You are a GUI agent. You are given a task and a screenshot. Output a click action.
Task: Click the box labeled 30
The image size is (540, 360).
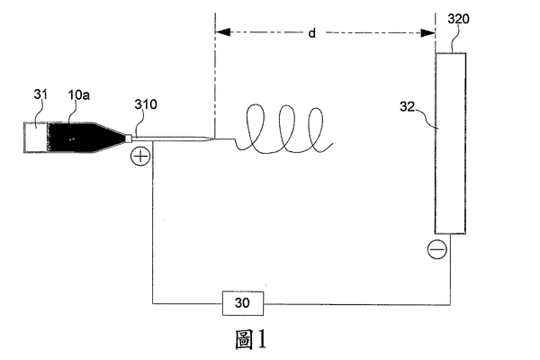[x=243, y=303]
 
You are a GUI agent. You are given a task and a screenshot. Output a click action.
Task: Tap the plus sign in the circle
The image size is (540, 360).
[x=140, y=157]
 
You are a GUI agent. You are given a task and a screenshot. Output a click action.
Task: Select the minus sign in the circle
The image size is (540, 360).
[x=437, y=249]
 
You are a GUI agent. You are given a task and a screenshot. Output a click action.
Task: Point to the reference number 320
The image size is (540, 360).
[x=458, y=19]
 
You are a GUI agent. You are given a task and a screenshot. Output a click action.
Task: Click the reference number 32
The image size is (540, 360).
[x=407, y=106]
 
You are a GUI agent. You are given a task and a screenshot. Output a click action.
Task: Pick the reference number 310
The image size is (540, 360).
[x=146, y=104]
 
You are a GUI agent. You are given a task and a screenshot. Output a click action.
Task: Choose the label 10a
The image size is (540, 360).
[x=79, y=94]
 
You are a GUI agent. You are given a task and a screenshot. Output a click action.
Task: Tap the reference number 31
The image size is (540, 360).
[x=40, y=94]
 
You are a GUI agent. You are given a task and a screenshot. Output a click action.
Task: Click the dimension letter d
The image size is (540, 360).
[x=311, y=33]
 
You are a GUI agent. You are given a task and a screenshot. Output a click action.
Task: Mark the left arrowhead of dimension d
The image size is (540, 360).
[x=222, y=32]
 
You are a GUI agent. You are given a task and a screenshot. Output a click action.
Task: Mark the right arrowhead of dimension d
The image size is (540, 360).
[x=428, y=33]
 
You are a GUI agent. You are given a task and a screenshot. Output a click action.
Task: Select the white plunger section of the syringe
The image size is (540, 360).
[x=35, y=137]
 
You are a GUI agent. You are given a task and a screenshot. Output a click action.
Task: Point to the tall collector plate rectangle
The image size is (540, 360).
[x=451, y=143]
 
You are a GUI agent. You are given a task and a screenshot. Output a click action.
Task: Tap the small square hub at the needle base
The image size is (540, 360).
[x=128, y=138]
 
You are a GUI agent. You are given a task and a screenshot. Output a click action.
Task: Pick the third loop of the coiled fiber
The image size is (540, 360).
[x=316, y=110]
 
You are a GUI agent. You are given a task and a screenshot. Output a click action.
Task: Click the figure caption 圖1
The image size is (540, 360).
[x=251, y=339]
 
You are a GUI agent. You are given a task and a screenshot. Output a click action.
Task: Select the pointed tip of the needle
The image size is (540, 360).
[x=214, y=139]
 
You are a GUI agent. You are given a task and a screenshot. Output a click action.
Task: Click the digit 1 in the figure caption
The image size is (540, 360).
[x=262, y=339]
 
